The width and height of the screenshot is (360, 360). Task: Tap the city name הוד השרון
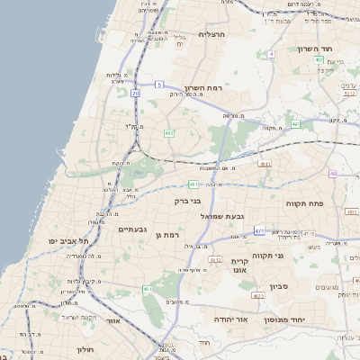(x=316, y=49)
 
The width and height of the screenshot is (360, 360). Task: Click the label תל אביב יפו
(x=70, y=241)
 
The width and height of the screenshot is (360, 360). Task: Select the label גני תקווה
(x=268, y=256)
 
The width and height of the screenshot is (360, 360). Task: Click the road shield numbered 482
(x=169, y=132)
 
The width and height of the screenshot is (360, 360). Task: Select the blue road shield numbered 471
(x=259, y=231)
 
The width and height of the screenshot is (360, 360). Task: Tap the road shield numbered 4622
(x=258, y=295)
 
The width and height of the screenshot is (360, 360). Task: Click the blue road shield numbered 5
(x=159, y=85)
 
